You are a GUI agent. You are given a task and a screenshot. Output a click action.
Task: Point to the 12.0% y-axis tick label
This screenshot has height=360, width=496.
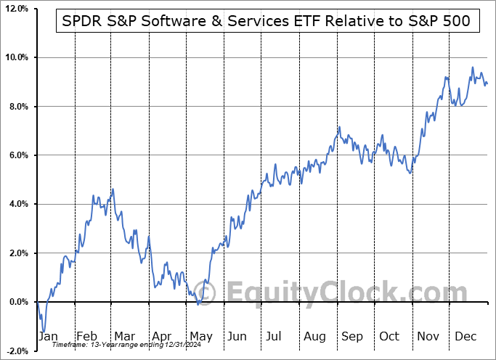click(15, 9)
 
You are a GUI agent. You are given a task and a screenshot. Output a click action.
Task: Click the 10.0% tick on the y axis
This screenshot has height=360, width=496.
click(15, 57)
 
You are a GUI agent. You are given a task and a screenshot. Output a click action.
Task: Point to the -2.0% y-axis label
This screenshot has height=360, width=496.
click(16, 351)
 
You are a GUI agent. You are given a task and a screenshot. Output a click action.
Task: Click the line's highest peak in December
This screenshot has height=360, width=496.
click(472, 68)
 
